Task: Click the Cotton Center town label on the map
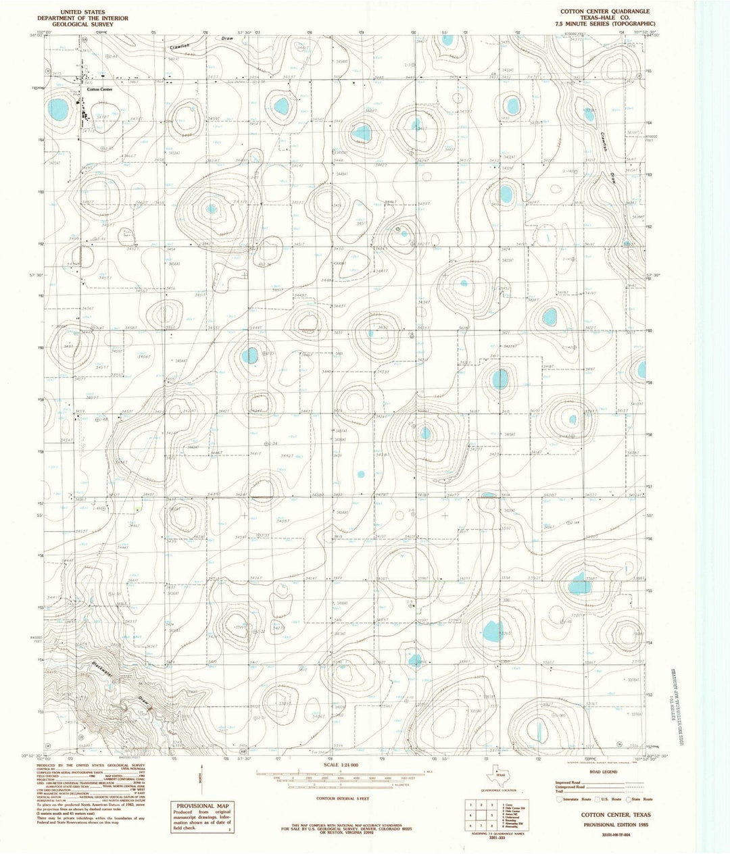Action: [99, 89]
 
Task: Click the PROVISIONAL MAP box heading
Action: [199, 807]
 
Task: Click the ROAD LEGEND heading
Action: [603, 771]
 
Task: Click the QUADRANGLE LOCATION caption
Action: [500, 789]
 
